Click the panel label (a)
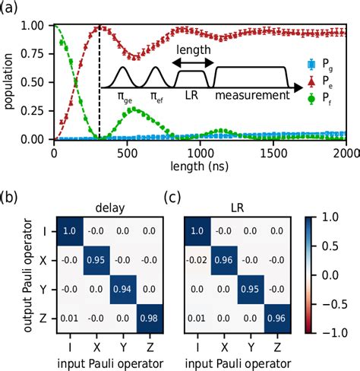[11, 10]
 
